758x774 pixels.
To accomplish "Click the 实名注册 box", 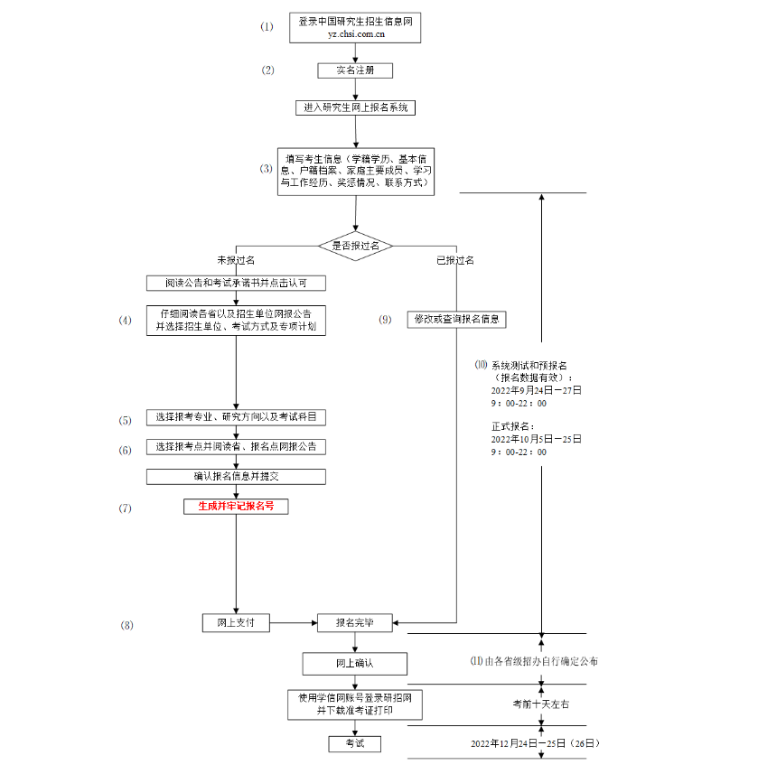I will [355, 70].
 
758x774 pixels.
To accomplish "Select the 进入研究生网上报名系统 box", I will [355, 107].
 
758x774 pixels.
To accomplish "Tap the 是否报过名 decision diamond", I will [355, 246].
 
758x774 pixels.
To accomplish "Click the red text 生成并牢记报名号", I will [236, 507].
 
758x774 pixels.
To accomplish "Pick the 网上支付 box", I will [236, 622].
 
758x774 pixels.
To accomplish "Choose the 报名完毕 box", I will [355, 622].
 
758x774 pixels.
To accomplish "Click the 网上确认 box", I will [355, 664].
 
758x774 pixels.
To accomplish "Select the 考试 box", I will [355, 743].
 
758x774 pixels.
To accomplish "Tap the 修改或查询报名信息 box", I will [458, 319].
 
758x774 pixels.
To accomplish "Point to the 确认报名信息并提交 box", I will [236, 476].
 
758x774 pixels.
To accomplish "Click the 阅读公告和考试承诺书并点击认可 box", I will [236, 283].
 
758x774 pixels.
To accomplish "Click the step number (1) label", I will [267, 27].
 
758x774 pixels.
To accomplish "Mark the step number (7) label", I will [126, 508].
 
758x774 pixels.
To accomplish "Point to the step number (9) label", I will [386, 320].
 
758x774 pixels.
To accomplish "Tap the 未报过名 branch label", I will [236, 260].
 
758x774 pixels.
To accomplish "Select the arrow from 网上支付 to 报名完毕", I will [294, 622].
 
